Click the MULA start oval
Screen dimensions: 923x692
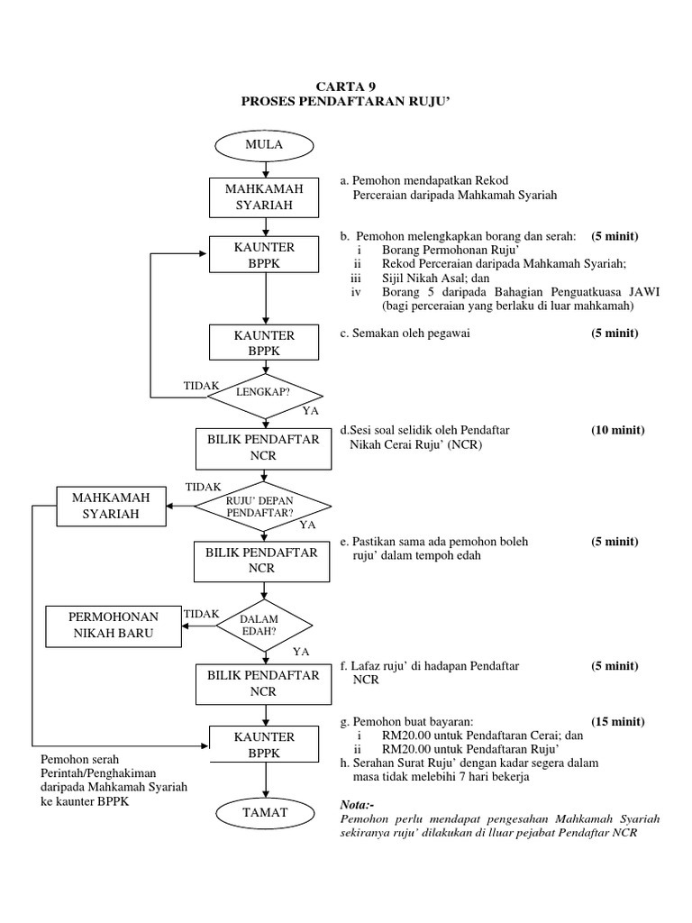(264, 144)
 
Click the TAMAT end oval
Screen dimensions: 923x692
(264, 812)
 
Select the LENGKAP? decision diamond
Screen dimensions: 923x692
(264, 393)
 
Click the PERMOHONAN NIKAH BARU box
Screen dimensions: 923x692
(114, 625)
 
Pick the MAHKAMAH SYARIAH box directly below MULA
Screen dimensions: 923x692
(264, 197)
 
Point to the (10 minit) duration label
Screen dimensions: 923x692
(617, 430)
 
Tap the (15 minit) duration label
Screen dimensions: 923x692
(617, 722)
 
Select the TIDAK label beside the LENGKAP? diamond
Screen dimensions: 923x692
(201, 385)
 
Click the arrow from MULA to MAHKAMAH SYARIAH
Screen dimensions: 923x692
(264, 169)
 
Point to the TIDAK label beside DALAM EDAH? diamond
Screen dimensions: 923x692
(201, 613)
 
